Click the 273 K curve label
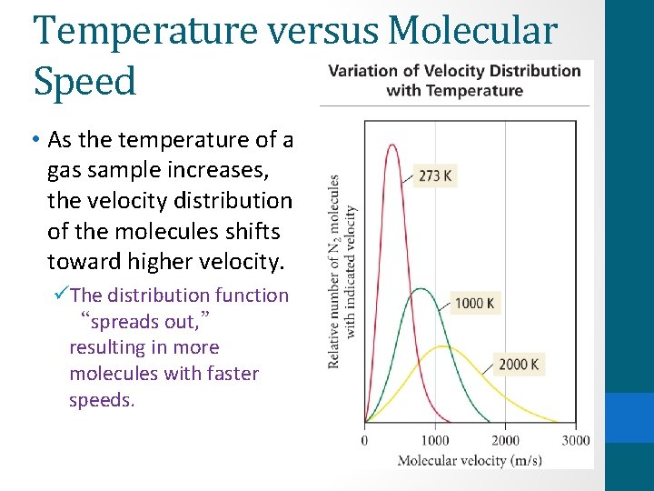pyautogui.click(x=435, y=175)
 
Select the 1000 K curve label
pyautogui.click(x=475, y=303)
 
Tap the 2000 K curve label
pyautogui.click(x=519, y=365)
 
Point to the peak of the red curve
pyautogui.click(x=391, y=145)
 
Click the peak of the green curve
pyautogui.click(x=419, y=289)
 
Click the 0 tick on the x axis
pyautogui.click(x=364, y=441)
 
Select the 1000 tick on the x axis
pyautogui.click(x=434, y=441)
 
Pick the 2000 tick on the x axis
pyautogui.click(x=505, y=441)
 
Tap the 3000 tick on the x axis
pyautogui.click(x=575, y=441)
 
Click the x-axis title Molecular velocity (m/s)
pyautogui.click(x=469, y=460)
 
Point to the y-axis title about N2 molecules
pyautogui.click(x=342, y=271)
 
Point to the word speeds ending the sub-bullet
pyautogui.click(x=102, y=400)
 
